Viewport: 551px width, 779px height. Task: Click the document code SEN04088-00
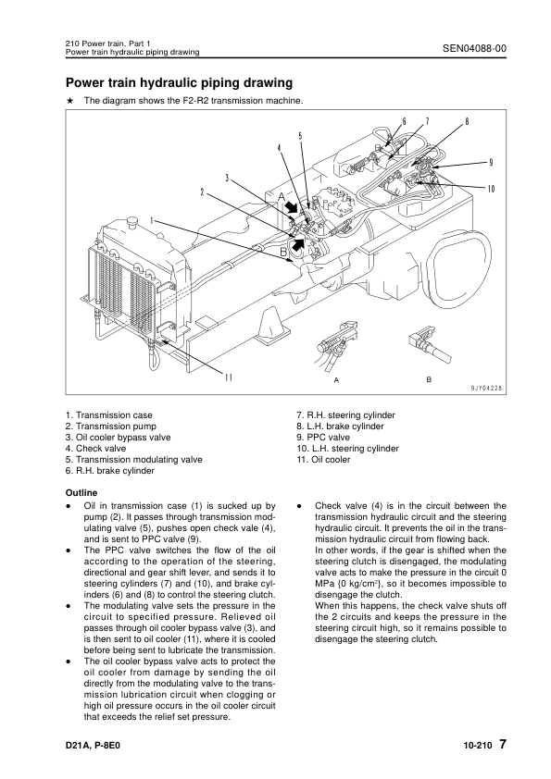pos(474,48)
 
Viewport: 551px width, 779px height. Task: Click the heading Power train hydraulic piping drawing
pos(179,82)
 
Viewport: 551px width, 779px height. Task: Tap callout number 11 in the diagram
pos(228,377)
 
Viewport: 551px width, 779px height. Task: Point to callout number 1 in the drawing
pos(152,219)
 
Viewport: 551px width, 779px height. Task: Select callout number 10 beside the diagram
pos(491,189)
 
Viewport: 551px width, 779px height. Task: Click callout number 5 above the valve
pos(300,136)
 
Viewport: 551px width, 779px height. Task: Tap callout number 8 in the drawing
pos(467,121)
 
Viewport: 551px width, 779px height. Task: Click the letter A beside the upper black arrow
pos(282,197)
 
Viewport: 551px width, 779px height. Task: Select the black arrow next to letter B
pos(299,243)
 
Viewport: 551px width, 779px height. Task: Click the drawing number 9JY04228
pos(487,389)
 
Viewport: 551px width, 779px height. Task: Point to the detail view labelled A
pos(334,347)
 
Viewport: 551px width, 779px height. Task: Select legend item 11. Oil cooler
pos(323,460)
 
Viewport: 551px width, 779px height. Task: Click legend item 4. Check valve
pos(96,448)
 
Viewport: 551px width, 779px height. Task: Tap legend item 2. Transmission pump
pos(111,427)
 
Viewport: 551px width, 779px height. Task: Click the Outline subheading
pos(81,493)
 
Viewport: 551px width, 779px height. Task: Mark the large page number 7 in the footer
pos(503,744)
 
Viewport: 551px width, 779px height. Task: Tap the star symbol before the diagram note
pos(70,100)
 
